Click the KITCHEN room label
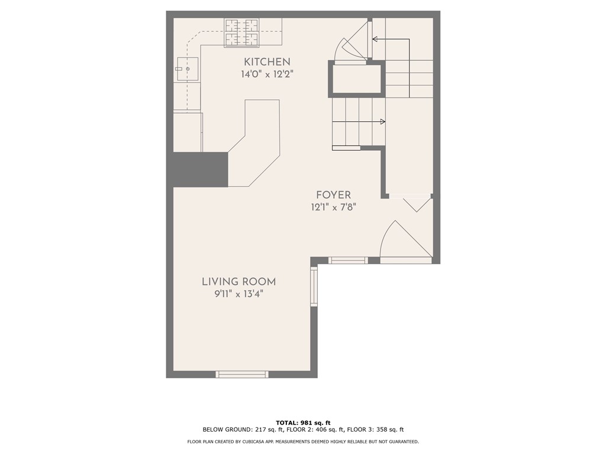[x=267, y=61]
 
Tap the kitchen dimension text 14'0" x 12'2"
[x=267, y=74]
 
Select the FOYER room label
[x=333, y=194]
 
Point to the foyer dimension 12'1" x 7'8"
[x=333, y=207]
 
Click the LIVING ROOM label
[x=238, y=282]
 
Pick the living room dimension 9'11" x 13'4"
[x=238, y=294]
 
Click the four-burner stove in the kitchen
[x=241, y=32]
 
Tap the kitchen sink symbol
[x=187, y=69]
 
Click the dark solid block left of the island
[x=200, y=169]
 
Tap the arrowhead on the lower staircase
[x=382, y=122]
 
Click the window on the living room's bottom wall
[x=241, y=374]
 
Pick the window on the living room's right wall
[x=314, y=286]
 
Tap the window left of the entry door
[x=348, y=260]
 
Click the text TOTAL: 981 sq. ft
[x=303, y=422]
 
